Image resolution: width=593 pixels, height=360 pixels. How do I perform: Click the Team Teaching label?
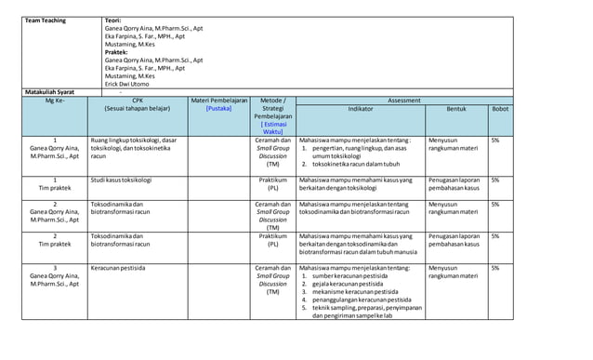(x=46, y=20)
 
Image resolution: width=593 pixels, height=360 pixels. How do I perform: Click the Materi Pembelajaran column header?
(x=218, y=100)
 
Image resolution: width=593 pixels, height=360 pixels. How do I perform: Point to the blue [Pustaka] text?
(x=218, y=109)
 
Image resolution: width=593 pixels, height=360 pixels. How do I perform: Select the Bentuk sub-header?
(x=455, y=109)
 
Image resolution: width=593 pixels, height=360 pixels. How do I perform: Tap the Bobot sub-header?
(x=500, y=109)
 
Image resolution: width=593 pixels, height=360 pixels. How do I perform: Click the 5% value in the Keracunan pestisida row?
(x=495, y=268)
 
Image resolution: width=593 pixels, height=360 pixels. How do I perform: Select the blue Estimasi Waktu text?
(x=272, y=127)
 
